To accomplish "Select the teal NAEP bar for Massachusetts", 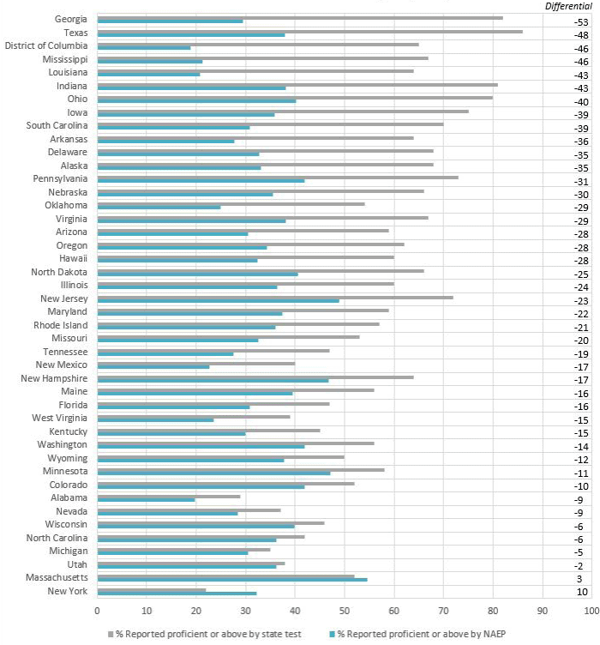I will click(231, 580).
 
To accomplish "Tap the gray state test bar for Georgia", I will click(300, 17).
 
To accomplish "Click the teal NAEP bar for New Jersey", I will click(218, 301).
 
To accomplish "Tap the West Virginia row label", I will click(59, 418).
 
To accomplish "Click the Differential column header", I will click(568, 6).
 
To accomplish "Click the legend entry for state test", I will click(206, 634).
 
